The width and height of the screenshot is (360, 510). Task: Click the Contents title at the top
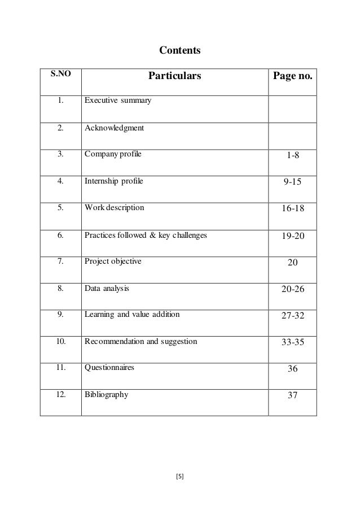click(179, 51)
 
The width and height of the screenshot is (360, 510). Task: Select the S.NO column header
click(60, 74)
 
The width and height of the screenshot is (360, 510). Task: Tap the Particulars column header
click(174, 76)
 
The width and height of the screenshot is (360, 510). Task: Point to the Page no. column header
click(292, 76)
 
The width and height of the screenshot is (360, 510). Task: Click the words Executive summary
click(117, 102)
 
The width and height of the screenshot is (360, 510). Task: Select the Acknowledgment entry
click(114, 128)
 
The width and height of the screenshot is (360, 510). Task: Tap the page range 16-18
click(292, 209)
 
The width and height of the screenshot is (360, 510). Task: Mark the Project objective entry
click(113, 261)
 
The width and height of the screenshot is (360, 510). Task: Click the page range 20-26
click(292, 289)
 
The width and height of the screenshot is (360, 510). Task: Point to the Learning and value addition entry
click(132, 314)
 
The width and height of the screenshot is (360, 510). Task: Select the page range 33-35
click(292, 342)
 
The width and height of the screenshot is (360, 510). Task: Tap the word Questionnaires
click(109, 367)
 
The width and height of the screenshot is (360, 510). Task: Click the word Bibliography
click(106, 394)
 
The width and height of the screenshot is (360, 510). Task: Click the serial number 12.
click(60, 394)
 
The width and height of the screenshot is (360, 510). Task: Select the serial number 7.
click(60, 261)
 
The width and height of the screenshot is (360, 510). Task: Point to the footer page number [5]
click(180, 477)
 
